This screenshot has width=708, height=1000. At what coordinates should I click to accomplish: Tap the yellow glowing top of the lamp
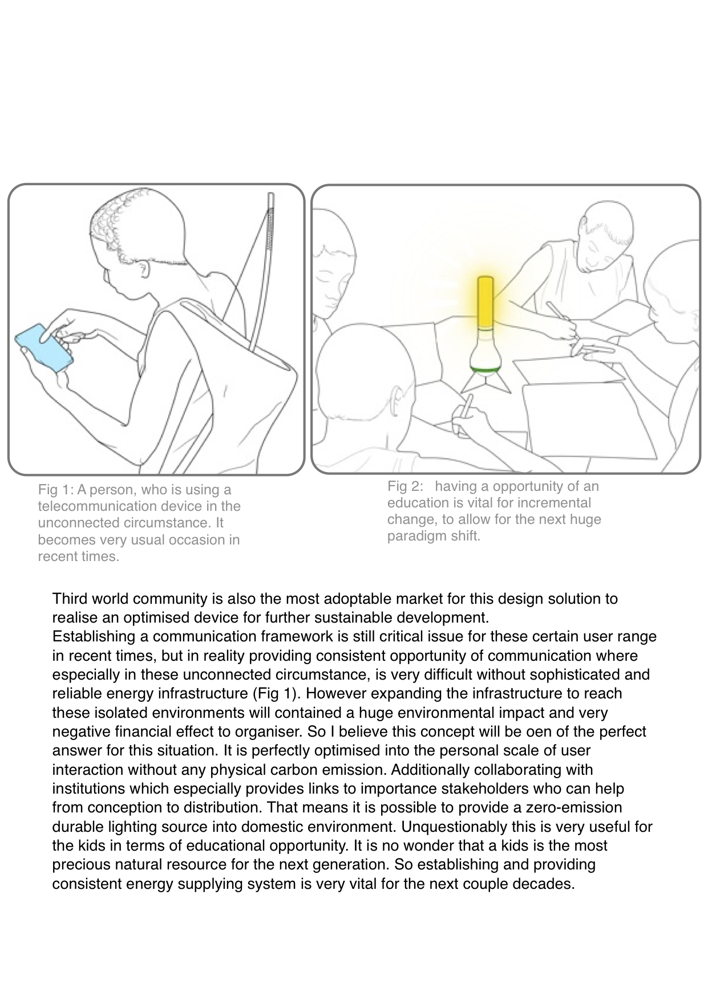[x=486, y=302]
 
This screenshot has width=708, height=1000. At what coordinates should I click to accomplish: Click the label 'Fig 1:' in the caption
[x=56, y=490]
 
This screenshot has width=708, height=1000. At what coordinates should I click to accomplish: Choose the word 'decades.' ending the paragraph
[x=548, y=884]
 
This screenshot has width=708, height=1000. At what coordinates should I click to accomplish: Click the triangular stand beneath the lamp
[x=484, y=381]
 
